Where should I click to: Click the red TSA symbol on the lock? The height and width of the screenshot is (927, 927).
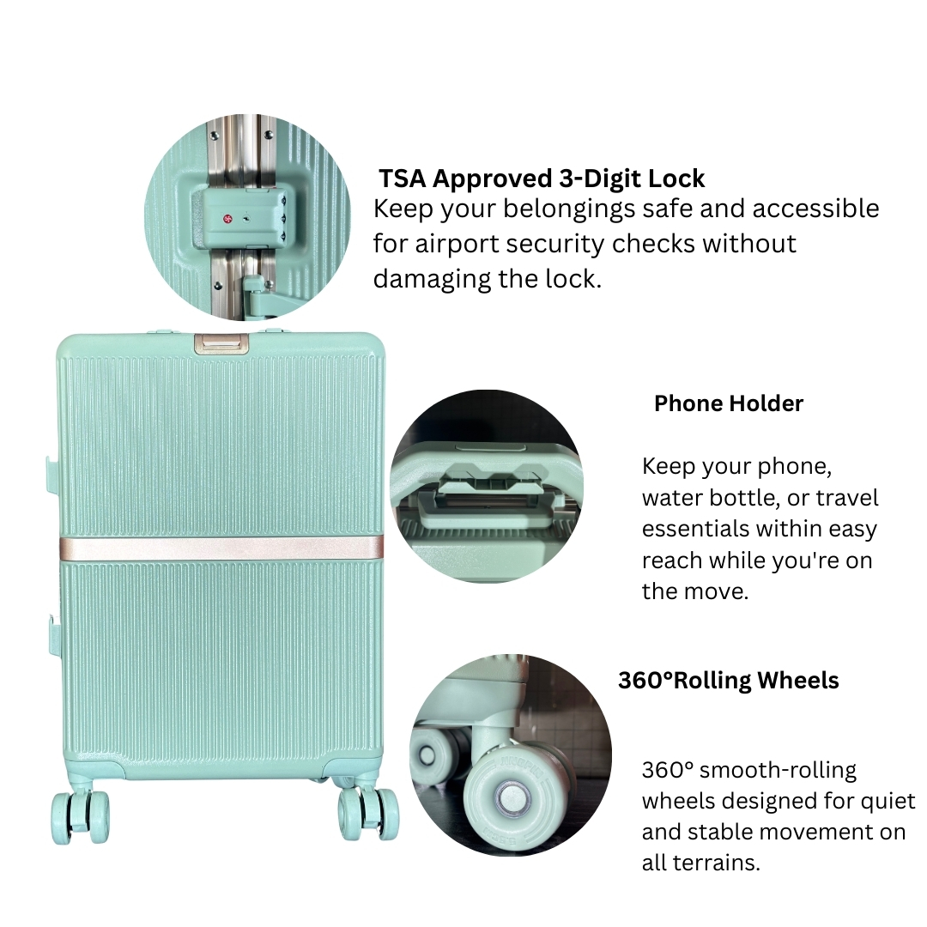[227, 219]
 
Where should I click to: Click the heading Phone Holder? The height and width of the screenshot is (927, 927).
[729, 403]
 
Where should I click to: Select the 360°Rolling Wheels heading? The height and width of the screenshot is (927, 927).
[729, 680]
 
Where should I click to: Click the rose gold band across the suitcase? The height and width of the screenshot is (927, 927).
[221, 548]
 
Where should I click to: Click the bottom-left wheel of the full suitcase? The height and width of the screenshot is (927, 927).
[81, 816]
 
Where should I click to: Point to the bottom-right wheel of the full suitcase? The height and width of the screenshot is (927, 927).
[368, 814]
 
